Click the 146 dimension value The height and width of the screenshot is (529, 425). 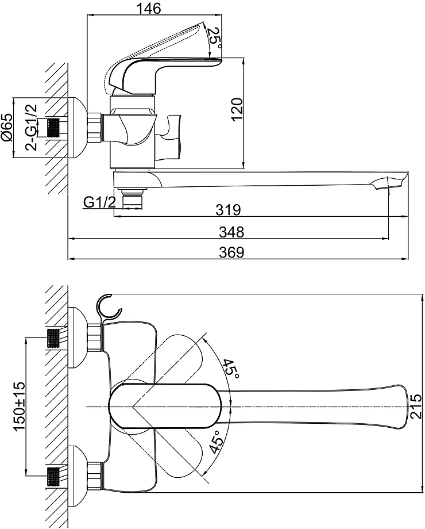pos(149,9)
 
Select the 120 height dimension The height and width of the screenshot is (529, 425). pos(237,109)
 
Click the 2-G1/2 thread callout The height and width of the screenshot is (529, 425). pos(32,127)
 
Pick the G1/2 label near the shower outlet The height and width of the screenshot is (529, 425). pos(99,202)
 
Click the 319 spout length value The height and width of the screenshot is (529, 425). pos(229,210)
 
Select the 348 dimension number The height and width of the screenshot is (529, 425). pos(231,232)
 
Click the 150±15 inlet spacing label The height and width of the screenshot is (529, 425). pos(19,407)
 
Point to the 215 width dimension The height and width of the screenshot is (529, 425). pos(416,406)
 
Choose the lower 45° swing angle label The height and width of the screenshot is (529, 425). pos(216,442)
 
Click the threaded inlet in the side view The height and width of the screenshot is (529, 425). pos(53,128)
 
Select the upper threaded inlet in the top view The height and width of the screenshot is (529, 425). pos(53,338)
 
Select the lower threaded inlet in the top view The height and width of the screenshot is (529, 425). pos(53,476)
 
